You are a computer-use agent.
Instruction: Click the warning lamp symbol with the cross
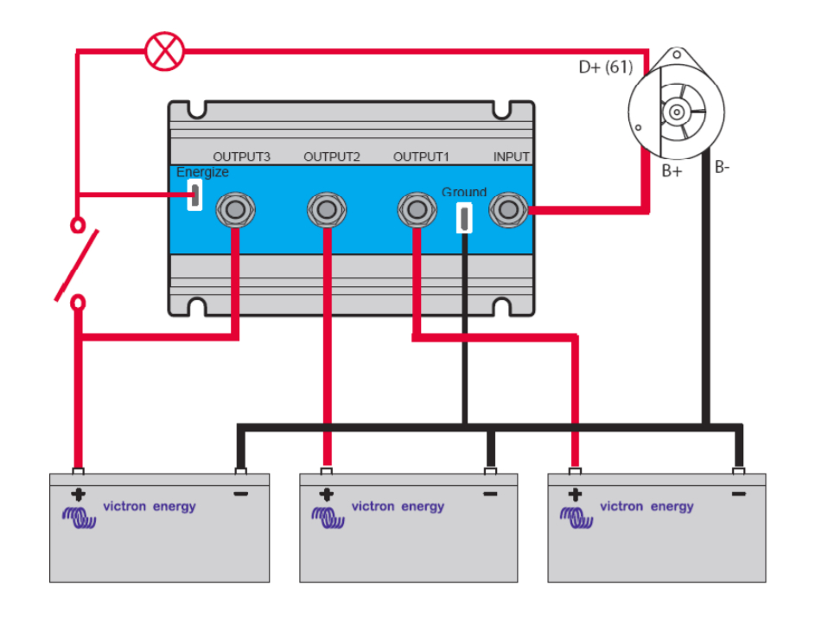tap(164, 51)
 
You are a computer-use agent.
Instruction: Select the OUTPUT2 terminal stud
tap(327, 210)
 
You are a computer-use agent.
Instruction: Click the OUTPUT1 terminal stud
tap(417, 210)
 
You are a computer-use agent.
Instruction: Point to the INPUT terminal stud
tap(508, 210)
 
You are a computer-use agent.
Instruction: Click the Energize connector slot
tap(195, 196)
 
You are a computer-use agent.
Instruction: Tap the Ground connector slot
tap(464, 218)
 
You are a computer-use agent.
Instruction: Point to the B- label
tap(723, 167)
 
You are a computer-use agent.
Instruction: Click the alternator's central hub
tap(674, 112)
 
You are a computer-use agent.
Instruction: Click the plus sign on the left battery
tap(78, 495)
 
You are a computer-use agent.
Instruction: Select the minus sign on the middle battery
tap(490, 494)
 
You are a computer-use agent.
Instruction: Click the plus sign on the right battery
tap(575, 495)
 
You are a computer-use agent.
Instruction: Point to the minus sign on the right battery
tap(738, 494)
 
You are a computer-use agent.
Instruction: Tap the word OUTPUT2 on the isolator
tap(331, 156)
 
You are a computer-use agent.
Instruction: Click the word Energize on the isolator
tap(202, 172)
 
